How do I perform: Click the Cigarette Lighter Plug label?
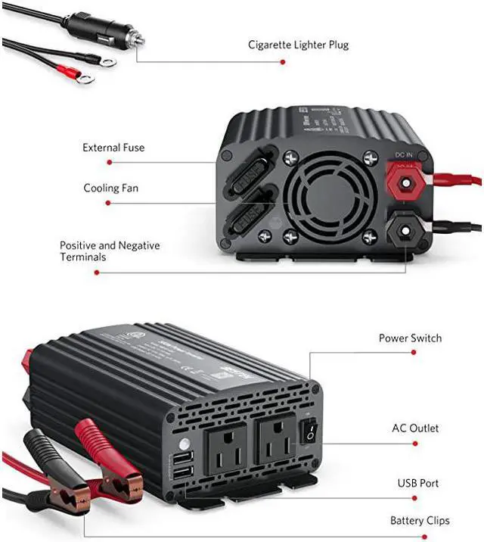(x=298, y=45)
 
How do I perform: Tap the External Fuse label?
(x=113, y=148)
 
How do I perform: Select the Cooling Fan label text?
(x=111, y=188)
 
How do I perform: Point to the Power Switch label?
(x=410, y=338)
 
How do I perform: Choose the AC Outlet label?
(x=414, y=428)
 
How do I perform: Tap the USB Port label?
(x=418, y=483)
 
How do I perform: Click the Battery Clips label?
(x=420, y=520)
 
